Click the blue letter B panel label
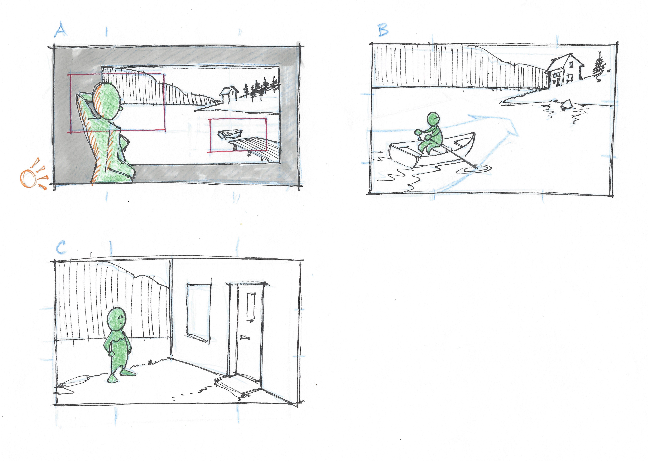pyautogui.click(x=383, y=30)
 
